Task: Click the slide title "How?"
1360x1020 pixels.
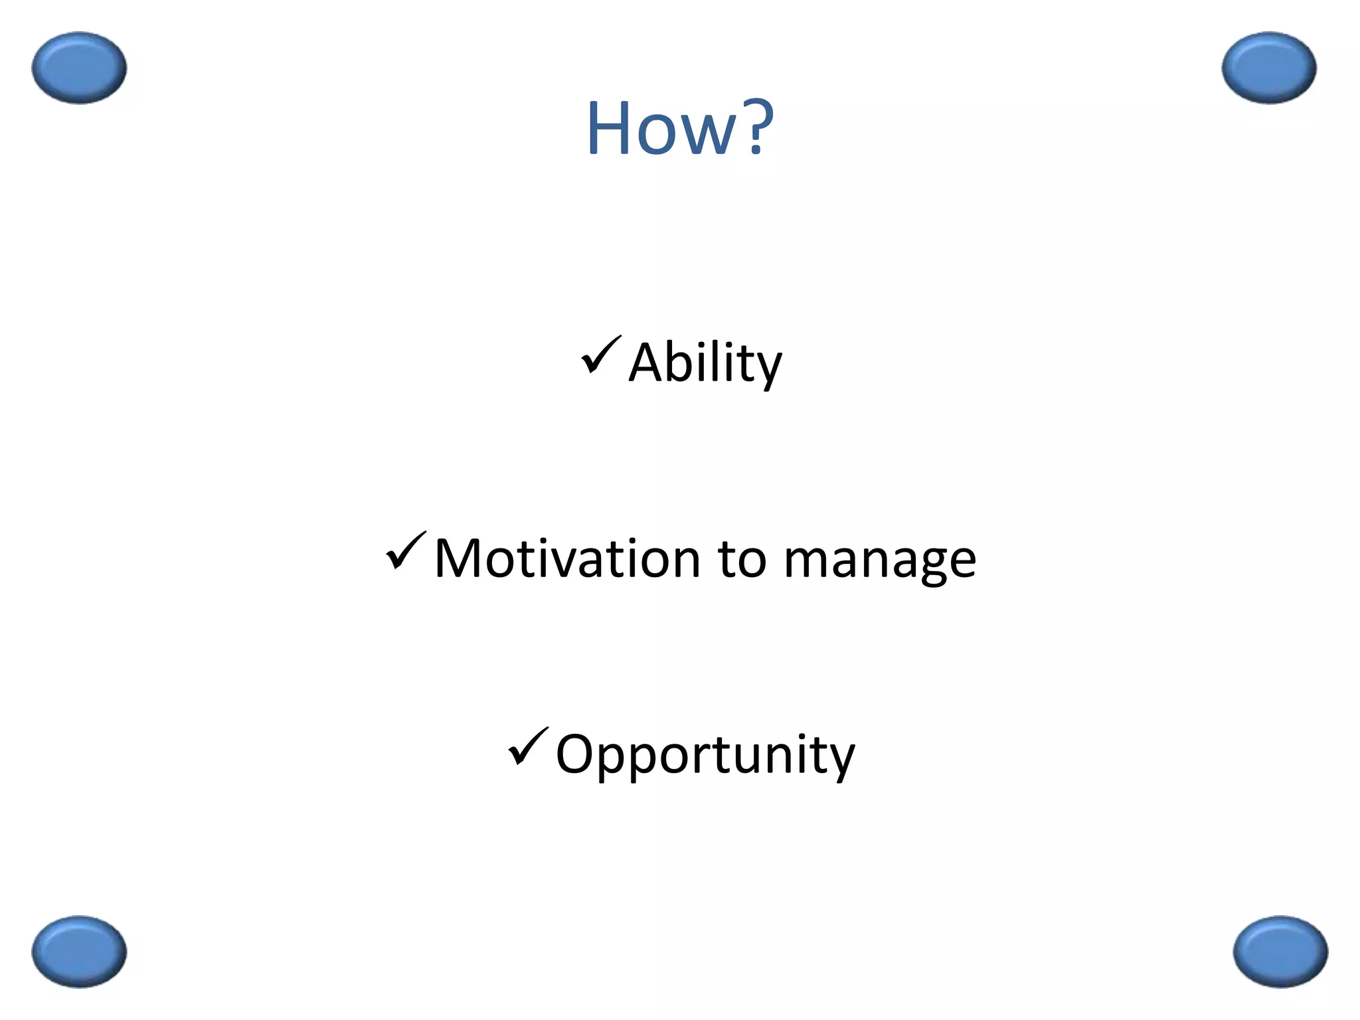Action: tap(679, 127)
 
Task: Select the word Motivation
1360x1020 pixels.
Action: tap(567, 558)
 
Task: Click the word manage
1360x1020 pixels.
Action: tap(880, 562)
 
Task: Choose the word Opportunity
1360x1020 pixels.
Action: tap(705, 755)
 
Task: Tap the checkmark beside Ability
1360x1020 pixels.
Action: tap(601, 355)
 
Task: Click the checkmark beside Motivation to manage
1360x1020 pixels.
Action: tap(406, 551)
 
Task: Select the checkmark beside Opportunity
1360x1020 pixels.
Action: tap(528, 747)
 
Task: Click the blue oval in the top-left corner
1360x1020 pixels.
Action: tap(79, 68)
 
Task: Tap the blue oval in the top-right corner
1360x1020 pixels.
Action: tap(1269, 68)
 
